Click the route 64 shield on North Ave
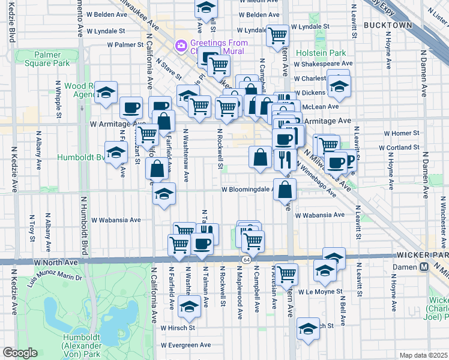[x=247, y=259]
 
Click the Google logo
[x=20, y=353]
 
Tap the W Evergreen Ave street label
[x=185, y=345]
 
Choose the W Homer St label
[x=398, y=133]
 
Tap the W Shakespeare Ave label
[x=322, y=63]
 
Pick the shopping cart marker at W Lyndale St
[x=277, y=35]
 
